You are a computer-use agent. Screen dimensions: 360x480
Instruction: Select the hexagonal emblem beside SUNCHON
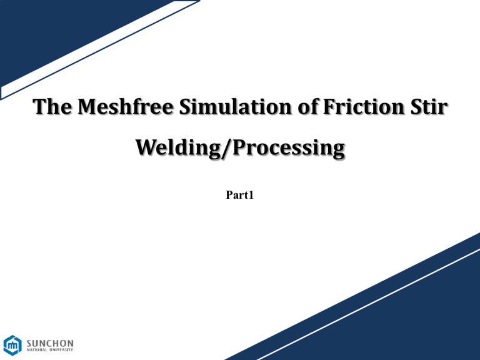[12, 345]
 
